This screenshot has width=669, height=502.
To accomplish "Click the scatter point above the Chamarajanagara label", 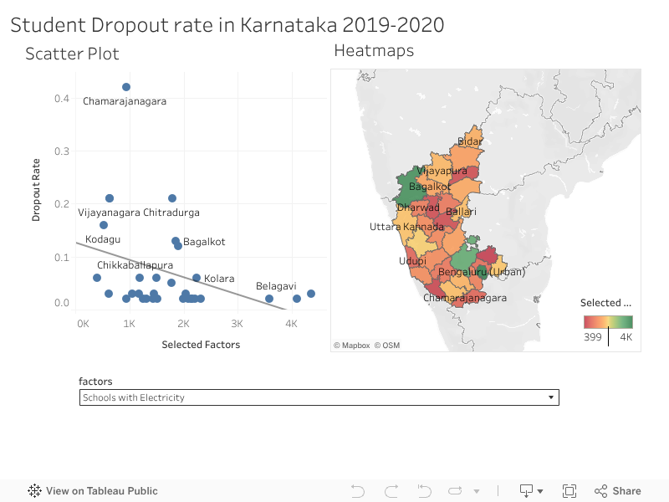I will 126,87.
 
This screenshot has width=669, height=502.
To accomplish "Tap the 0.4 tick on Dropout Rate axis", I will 62,99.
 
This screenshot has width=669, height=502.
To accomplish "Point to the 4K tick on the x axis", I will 291,323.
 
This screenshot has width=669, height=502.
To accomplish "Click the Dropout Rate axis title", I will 36,192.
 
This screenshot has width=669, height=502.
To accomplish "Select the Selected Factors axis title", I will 201,345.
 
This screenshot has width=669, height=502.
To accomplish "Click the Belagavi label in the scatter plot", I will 276,286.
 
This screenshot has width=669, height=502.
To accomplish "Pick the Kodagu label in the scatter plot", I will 103,239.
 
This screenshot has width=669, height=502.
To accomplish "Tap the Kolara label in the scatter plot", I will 219,278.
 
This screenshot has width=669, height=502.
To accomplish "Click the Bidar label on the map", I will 470,142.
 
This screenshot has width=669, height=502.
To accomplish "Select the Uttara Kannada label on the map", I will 407,227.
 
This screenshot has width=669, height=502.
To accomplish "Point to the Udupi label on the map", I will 412,261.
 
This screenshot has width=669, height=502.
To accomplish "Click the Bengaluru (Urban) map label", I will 482,272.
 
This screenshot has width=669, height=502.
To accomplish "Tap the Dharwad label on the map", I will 418,207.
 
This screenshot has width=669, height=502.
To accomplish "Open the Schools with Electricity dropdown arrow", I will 550,397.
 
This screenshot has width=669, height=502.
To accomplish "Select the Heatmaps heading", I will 374,50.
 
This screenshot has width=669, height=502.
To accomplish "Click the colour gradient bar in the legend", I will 608,321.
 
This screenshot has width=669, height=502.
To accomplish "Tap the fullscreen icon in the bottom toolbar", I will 569,491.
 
